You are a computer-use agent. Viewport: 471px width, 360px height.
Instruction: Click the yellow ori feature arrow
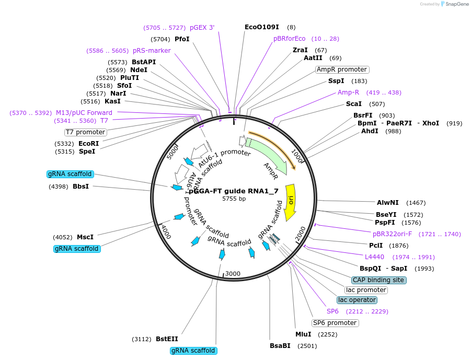click(291, 201)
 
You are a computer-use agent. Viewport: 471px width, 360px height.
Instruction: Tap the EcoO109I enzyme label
click(262, 27)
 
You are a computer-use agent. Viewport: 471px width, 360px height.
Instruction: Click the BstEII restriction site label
click(167, 339)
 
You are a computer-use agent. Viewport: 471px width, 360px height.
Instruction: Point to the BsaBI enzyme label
click(280, 345)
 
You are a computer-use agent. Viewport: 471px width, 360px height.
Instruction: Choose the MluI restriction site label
click(303, 334)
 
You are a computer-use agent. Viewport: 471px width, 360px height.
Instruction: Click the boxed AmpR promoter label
click(342, 69)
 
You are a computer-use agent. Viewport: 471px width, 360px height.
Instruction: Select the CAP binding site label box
click(379, 280)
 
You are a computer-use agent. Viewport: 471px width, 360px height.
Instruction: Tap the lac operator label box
click(357, 300)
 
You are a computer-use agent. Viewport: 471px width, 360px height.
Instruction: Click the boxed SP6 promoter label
click(335, 323)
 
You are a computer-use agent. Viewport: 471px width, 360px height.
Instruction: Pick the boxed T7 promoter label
click(85, 132)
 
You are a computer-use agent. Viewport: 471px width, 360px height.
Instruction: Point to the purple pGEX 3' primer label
click(202, 28)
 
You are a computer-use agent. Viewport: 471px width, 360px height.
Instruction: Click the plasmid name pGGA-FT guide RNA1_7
click(234, 191)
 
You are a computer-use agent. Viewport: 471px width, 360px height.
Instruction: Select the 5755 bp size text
click(234, 199)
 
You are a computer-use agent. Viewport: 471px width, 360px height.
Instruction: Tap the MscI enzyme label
click(85, 237)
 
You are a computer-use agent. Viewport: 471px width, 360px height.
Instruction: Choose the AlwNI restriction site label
click(387, 202)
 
